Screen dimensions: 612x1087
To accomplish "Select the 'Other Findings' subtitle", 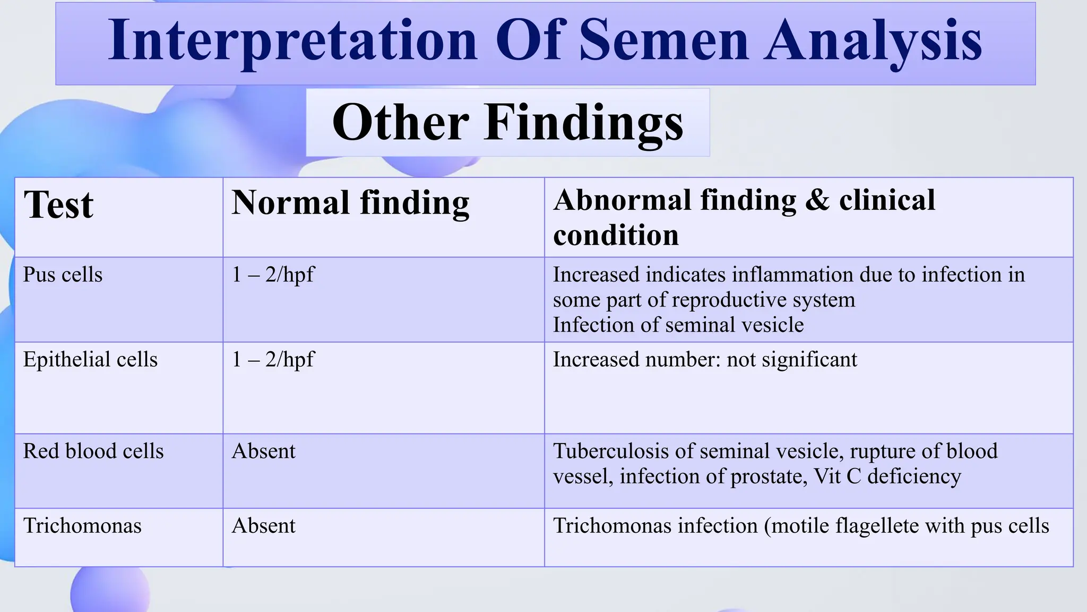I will pyautogui.click(x=507, y=122).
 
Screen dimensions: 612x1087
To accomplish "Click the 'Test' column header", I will pyautogui.click(x=58, y=205).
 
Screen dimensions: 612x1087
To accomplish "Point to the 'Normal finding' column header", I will pyautogui.click(x=350, y=203).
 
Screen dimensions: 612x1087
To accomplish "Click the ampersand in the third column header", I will pyautogui.click(x=817, y=201).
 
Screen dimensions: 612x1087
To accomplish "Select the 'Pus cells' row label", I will pyautogui.click(x=63, y=275).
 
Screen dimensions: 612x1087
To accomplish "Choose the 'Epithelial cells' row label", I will pyautogui.click(x=90, y=360).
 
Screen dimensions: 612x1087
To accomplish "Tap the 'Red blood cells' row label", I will pyautogui.click(x=93, y=451).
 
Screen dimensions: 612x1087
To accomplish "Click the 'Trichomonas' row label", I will pyautogui.click(x=82, y=526).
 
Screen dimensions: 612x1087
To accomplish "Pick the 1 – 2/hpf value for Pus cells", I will pyautogui.click(x=273, y=275).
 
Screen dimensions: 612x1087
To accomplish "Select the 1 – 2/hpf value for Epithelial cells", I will pyautogui.click(x=273, y=360).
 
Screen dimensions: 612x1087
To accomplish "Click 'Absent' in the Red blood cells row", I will pyautogui.click(x=263, y=451).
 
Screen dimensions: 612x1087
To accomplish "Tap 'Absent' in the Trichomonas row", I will pyautogui.click(x=263, y=526).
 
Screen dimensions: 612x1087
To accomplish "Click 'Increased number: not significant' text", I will pyautogui.click(x=705, y=360).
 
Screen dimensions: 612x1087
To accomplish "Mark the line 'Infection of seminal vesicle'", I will pyautogui.click(x=678, y=325).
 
